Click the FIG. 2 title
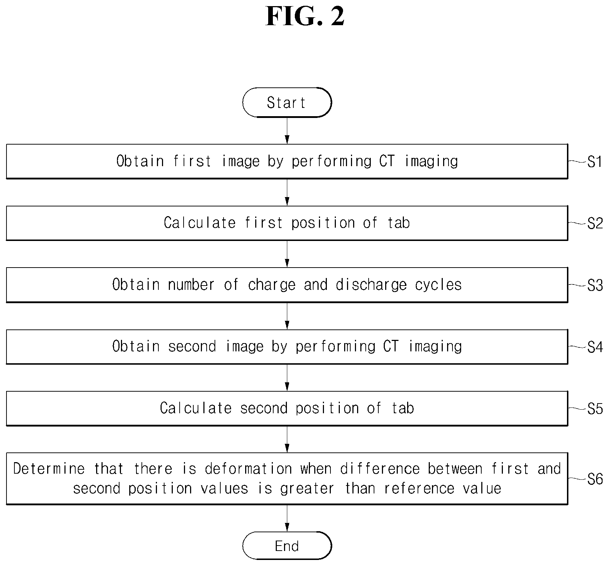[305, 16]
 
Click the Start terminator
[287, 102]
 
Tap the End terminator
[287, 546]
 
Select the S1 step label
[595, 162]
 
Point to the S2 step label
[595, 224]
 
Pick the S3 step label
[595, 286]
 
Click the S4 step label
[595, 347]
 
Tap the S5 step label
[595, 409]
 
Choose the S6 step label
[595, 479]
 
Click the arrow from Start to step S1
[287, 131]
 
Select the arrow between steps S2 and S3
[287, 254]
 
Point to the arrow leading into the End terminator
[287, 518]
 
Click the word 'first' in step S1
[192, 161]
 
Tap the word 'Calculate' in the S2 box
[199, 223]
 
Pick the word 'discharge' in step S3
[371, 285]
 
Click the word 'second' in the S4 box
[192, 346]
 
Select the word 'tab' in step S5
[403, 408]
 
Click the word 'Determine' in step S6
[49, 469]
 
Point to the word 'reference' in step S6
[419, 489]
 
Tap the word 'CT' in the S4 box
[391, 346]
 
